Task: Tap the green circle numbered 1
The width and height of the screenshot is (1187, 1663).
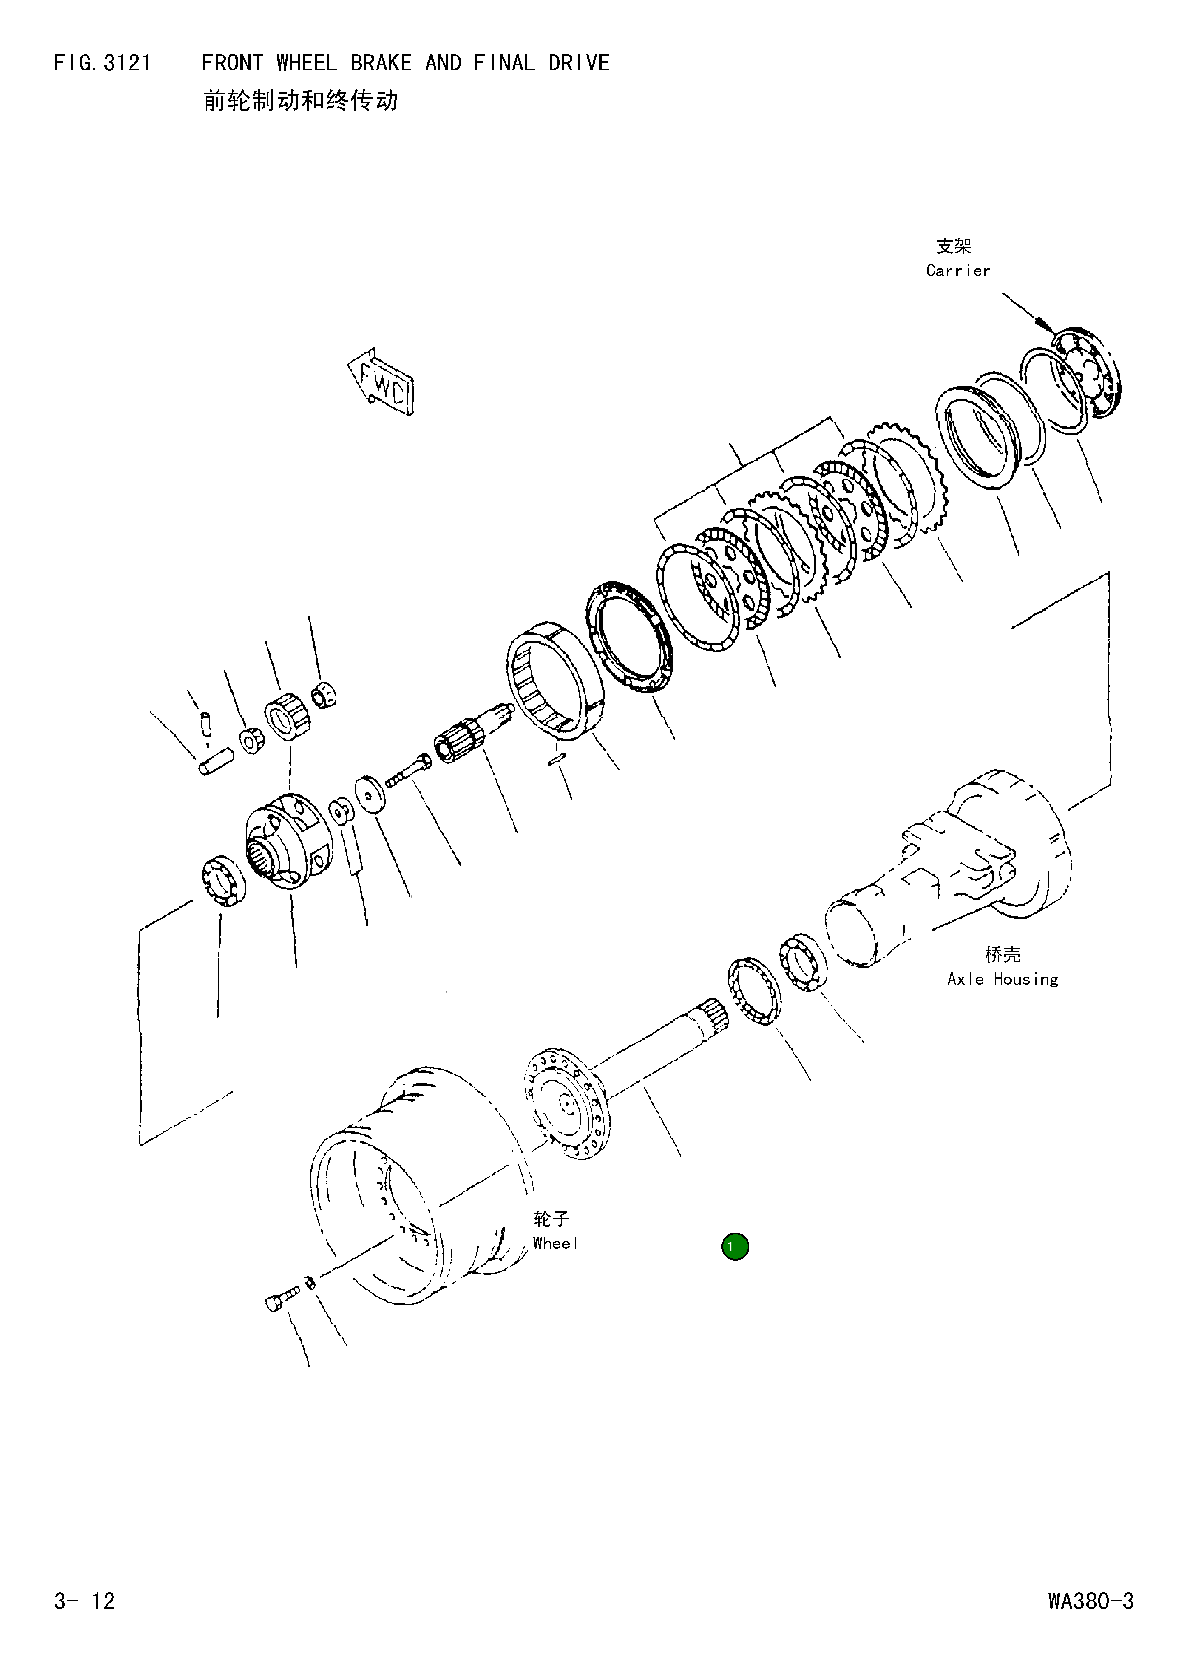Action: click(735, 1246)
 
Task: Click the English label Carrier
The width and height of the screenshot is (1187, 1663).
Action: click(958, 270)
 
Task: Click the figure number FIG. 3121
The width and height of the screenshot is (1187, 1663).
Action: click(102, 64)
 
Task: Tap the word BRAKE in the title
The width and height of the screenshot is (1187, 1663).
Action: click(381, 64)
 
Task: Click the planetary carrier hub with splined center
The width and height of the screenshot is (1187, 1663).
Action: click(285, 841)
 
